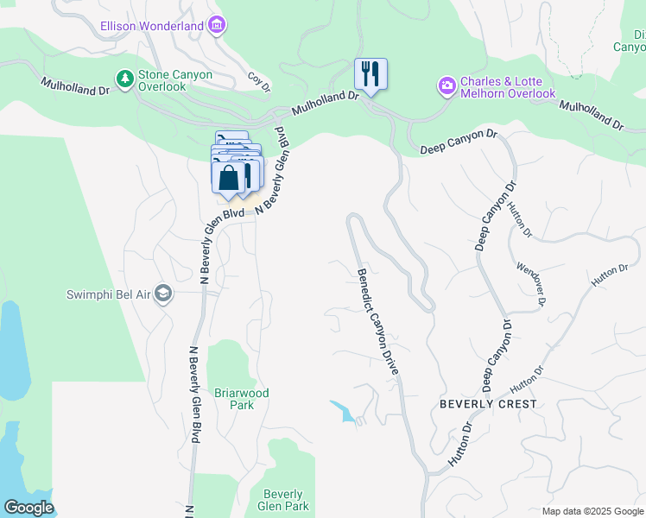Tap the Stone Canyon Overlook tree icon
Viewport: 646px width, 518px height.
click(125, 79)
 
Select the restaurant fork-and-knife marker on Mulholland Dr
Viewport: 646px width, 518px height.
click(370, 74)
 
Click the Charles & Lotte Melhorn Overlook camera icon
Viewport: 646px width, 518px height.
click(447, 85)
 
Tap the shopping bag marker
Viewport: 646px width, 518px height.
click(228, 179)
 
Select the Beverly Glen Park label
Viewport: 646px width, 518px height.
click(282, 500)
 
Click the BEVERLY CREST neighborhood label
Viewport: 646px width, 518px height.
click(488, 404)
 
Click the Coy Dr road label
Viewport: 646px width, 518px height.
click(259, 82)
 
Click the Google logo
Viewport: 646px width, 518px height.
click(28, 508)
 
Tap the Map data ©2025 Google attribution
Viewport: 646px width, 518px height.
click(592, 511)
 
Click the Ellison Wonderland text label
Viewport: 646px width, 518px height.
click(151, 26)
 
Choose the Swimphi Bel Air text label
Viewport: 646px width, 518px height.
click(108, 294)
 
